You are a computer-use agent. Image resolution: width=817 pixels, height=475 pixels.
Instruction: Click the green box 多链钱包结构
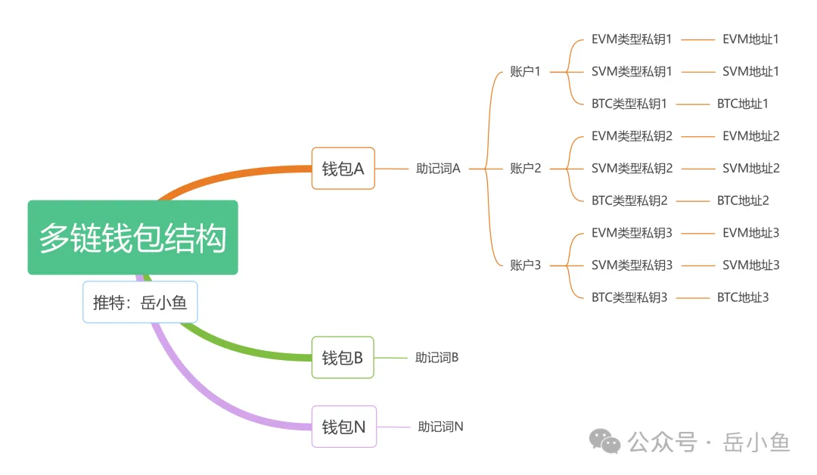pos(132,237)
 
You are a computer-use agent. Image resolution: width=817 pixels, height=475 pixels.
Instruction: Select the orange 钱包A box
pos(343,168)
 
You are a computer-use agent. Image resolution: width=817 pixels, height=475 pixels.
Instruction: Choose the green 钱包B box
pos(343,357)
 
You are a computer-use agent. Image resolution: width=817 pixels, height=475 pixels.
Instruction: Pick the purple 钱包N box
pos(343,427)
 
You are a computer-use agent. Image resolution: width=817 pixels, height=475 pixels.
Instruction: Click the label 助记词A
pos(438,169)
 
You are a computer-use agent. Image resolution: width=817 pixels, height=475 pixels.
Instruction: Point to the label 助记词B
pos(436,357)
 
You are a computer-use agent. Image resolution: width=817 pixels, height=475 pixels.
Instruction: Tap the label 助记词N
pos(440,427)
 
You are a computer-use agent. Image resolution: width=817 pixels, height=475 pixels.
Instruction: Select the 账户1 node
pos(526,72)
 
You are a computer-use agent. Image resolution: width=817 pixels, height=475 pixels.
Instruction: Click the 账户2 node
pos(526,168)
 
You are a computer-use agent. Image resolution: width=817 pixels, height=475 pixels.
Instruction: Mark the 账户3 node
pos(526,265)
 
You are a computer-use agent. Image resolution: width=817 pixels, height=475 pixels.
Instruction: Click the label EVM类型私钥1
pos(632,39)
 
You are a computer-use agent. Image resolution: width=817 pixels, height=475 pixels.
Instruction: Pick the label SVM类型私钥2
pos(632,168)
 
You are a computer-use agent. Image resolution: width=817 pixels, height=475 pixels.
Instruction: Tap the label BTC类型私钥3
pos(629,297)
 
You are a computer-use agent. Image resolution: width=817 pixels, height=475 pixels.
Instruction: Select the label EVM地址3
pos(750,233)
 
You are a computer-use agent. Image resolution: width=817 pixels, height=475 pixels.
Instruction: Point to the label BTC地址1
pos(742,104)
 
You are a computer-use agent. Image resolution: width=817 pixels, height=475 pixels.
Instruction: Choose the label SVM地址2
pos(750,168)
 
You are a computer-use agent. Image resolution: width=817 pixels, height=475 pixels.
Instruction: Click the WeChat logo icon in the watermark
pos(606,441)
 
